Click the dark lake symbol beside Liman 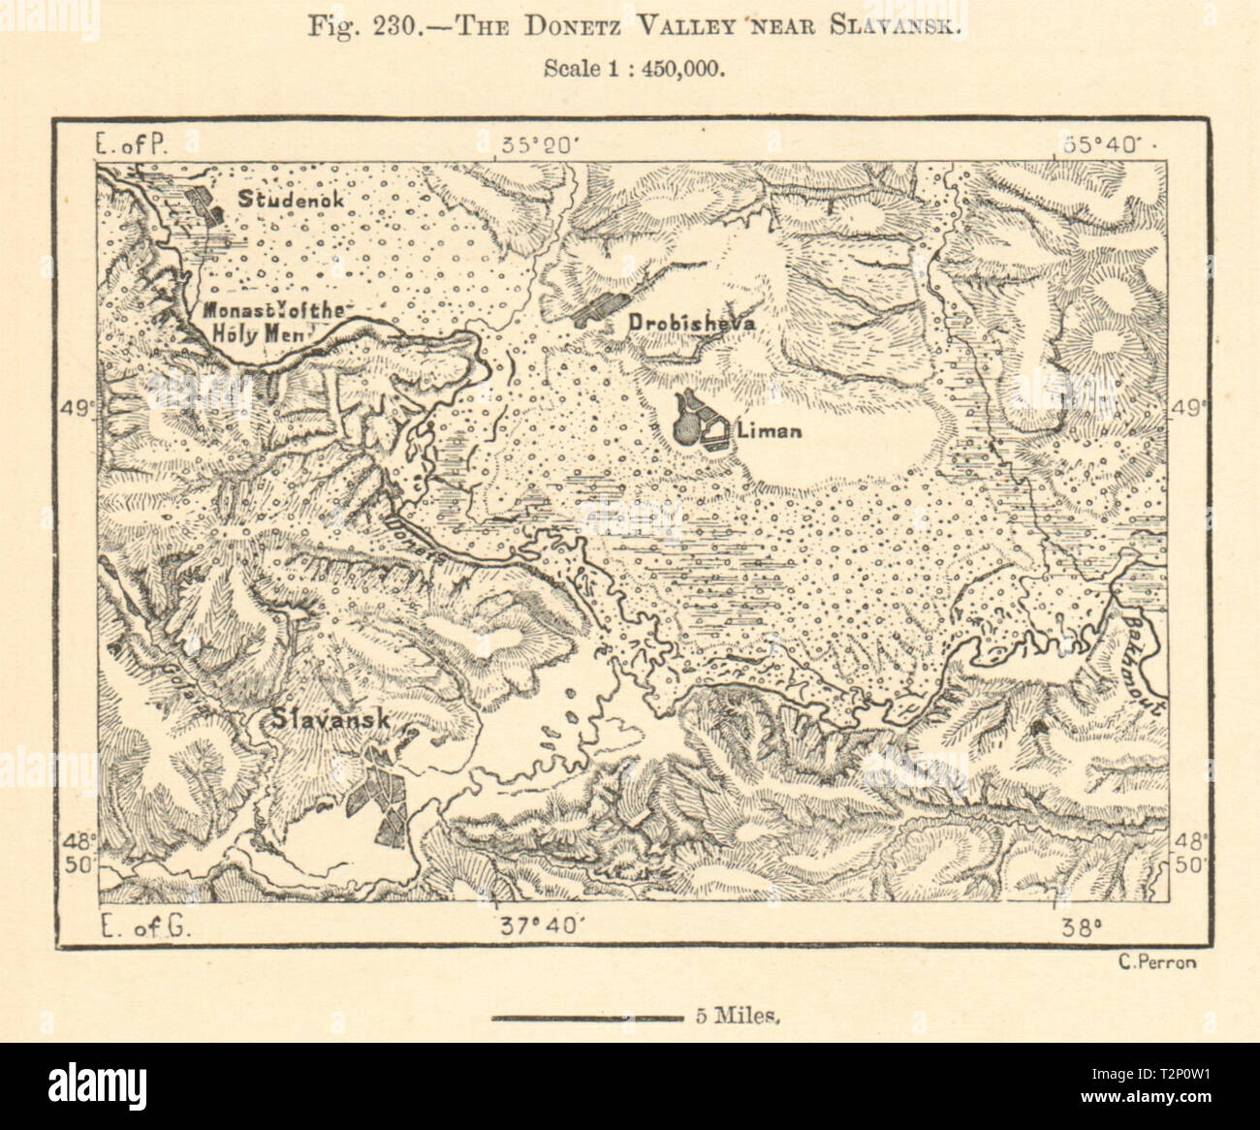coord(689,422)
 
